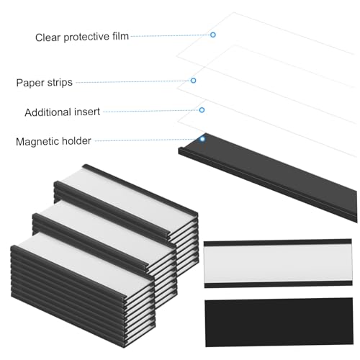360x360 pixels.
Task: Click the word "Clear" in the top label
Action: pos(48,37)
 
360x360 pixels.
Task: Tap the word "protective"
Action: pos(86,37)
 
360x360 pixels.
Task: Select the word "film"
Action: pos(120,36)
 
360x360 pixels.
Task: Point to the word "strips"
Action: pos(60,83)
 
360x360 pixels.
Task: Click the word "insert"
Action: pos(87,112)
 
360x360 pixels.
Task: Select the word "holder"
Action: pos(76,140)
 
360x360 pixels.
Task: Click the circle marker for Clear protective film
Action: pos(213,35)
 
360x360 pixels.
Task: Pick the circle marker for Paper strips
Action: pos(193,81)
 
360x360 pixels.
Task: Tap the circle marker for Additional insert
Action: pos(202,110)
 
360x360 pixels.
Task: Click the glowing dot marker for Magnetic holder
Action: pos(202,139)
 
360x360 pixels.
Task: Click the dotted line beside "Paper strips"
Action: pos(133,81)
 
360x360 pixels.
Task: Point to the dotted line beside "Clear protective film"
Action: pos(171,35)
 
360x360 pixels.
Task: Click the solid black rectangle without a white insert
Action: pos(279,323)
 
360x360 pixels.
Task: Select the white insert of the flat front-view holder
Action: pos(278,264)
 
